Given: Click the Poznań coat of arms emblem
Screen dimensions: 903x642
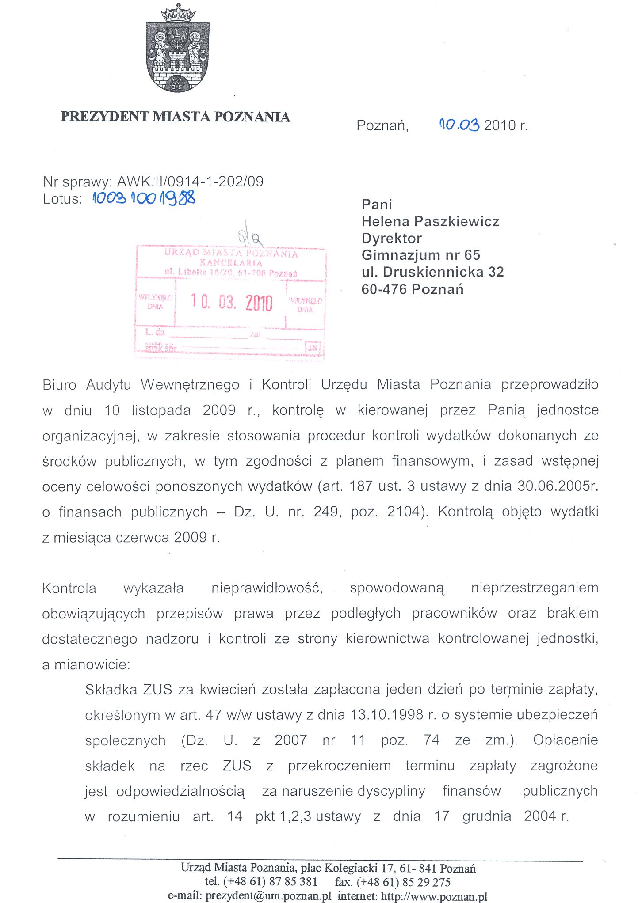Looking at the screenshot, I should pyautogui.click(x=178, y=49).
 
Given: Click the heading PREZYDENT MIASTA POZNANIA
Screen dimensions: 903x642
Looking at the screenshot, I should pyautogui.click(x=175, y=117).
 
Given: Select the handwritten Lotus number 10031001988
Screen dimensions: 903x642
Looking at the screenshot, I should pyautogui.click(x=144, y=198).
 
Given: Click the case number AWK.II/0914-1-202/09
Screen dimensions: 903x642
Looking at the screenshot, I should pyautogui.click(x=190, y=181).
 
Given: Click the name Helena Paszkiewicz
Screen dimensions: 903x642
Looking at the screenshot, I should pyautogui.click(x=430, y=221).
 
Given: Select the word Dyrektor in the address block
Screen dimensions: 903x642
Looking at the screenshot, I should pyautogui.click(x=391, y=238).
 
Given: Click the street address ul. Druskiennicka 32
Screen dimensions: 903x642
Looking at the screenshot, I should pyautogui.click(x=432, y=272).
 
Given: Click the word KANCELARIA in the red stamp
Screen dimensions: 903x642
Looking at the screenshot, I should pyautogui.click(x=231, y=262).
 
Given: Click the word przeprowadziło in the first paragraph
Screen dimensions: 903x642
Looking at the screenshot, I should pyautogui.click(x=550, y=384).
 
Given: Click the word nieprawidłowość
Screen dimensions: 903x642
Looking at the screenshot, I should pyautogui.click(x=267, y=588).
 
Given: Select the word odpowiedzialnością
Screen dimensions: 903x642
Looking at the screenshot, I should pyautogui.click(x=180, y=791).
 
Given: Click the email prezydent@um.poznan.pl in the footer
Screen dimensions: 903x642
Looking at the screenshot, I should pyautogui.click(x=268, y=896).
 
